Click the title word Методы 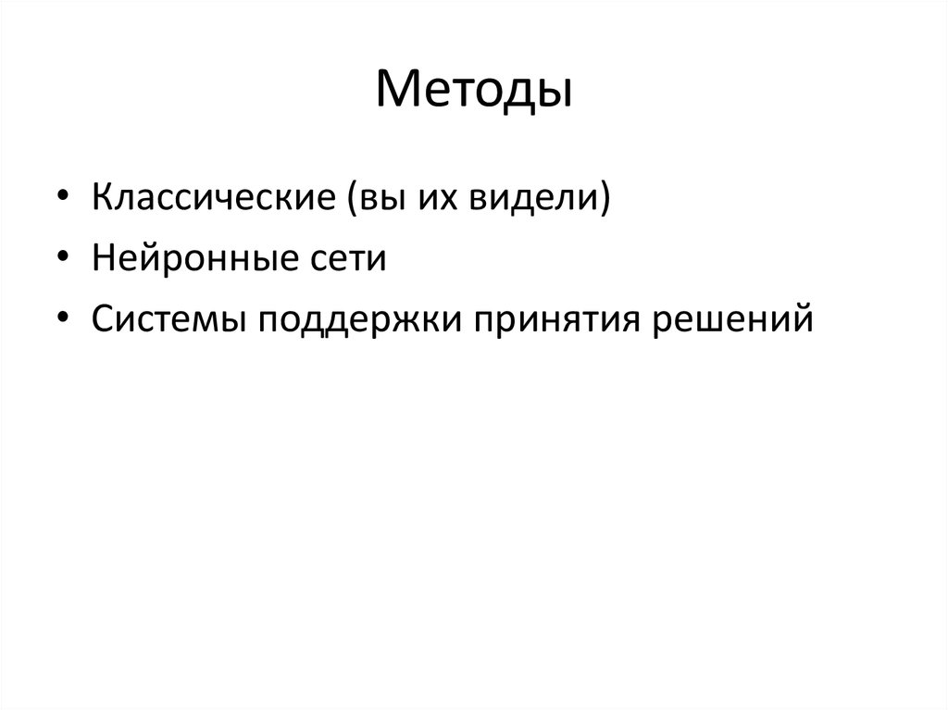(473, 92)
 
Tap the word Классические (215, 198)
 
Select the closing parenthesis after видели (605, 199)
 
